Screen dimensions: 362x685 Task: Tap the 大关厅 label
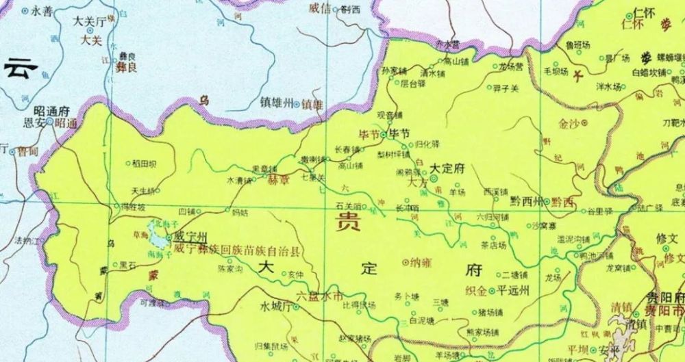click(x=88, y=22)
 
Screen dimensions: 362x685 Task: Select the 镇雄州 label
click(x=275, y=103)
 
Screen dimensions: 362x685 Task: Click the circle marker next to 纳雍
click(x=405, y=261)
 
